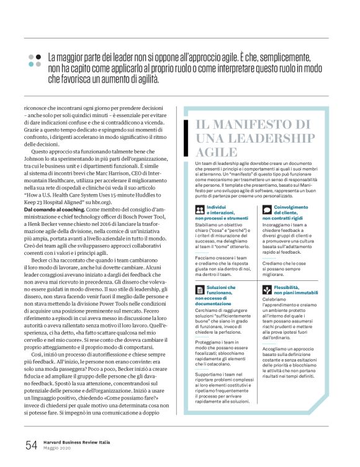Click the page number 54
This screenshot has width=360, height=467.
[x=31, y=445]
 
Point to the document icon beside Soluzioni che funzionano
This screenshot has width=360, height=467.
[x=199, y=290]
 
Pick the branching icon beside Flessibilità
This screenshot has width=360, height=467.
[x=267, y=290]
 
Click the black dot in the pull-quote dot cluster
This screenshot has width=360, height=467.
[x=38, y=56]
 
